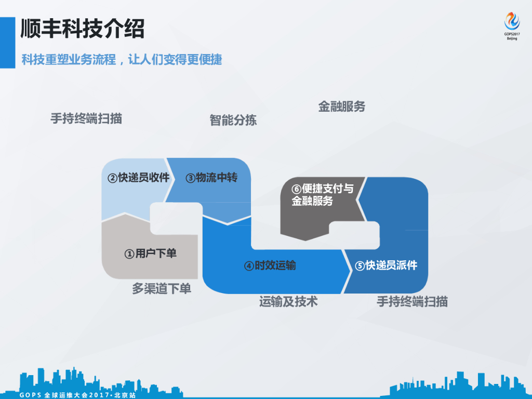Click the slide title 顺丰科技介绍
(82, 28)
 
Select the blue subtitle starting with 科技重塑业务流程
(122, 59)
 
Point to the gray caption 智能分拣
(233, 120)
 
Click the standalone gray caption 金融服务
(342, 107)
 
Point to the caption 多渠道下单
(162, 289)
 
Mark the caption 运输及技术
(288, 301)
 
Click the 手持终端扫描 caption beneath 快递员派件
(412, 301)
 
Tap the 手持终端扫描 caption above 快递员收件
(86, 118)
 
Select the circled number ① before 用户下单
(129, 254)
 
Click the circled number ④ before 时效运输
(249, 265)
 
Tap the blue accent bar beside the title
(7, 42)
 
